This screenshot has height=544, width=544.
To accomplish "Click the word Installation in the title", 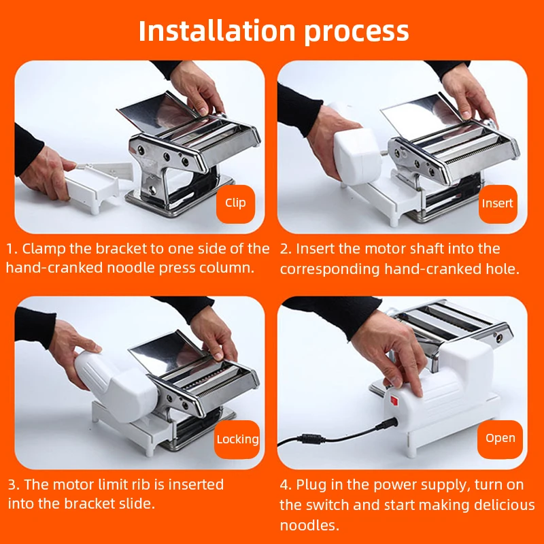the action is [x=217, y=31].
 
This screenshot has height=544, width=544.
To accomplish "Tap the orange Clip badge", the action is [x=235, y=203].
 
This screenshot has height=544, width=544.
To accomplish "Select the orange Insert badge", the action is [x=498, y=203].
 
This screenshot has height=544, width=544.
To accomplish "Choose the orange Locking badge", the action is [x=237, y=439].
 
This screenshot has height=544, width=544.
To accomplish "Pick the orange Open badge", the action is [x=500, y=439].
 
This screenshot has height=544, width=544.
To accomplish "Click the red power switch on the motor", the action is [x=394, y=401].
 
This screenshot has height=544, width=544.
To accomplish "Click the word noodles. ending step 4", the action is [x=310, y=526].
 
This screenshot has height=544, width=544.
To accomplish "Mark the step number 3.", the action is [x=13, y=485].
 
